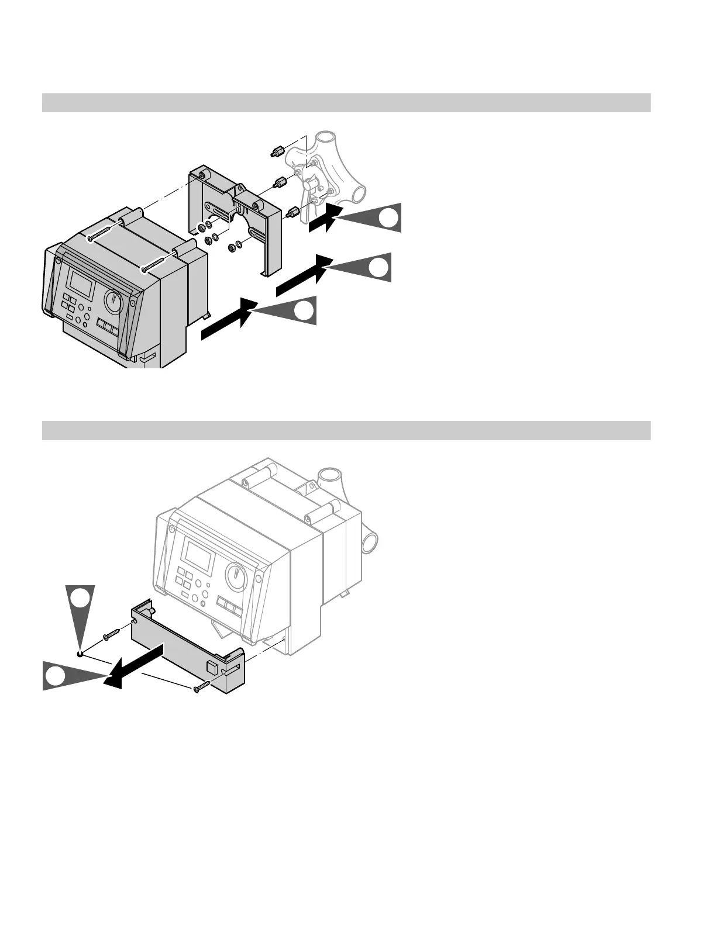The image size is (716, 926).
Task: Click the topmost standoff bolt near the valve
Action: pos(276,152)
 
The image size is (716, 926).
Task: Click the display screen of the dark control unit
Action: pos(80,283)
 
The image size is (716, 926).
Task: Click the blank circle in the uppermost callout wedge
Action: pos(389,218)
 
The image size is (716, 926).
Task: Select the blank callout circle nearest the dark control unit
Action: pos(304,310)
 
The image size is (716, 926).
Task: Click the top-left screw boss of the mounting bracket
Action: pos(202,175)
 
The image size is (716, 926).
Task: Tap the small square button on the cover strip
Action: pos(212,667)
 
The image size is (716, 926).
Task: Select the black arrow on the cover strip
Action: pos(137,666)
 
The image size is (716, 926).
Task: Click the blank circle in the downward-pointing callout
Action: pos(80,598)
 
